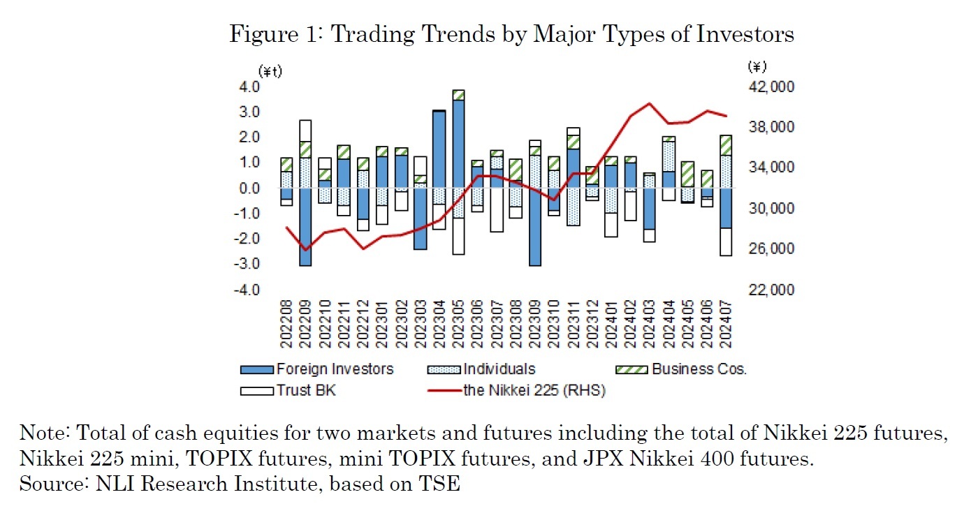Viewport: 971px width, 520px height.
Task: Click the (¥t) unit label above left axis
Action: [x=270, y=71]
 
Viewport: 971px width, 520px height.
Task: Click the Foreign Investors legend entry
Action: [x=335, y=369]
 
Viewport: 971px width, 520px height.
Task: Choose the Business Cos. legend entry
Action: [x=699, y=369]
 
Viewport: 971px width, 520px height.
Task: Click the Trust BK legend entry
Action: [x=306, y=390]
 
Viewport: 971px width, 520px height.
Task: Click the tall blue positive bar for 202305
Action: [x=458, y=143]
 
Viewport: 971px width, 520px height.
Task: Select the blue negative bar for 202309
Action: [x=534, y=227]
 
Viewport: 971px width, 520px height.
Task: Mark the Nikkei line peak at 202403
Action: [x=649, y=103]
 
